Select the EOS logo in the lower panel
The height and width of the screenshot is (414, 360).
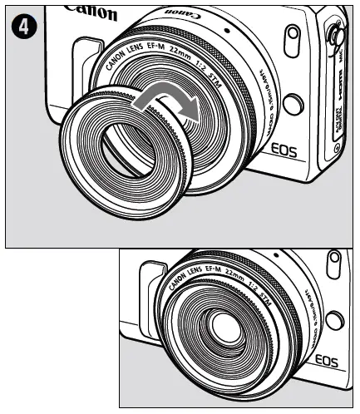332,360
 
